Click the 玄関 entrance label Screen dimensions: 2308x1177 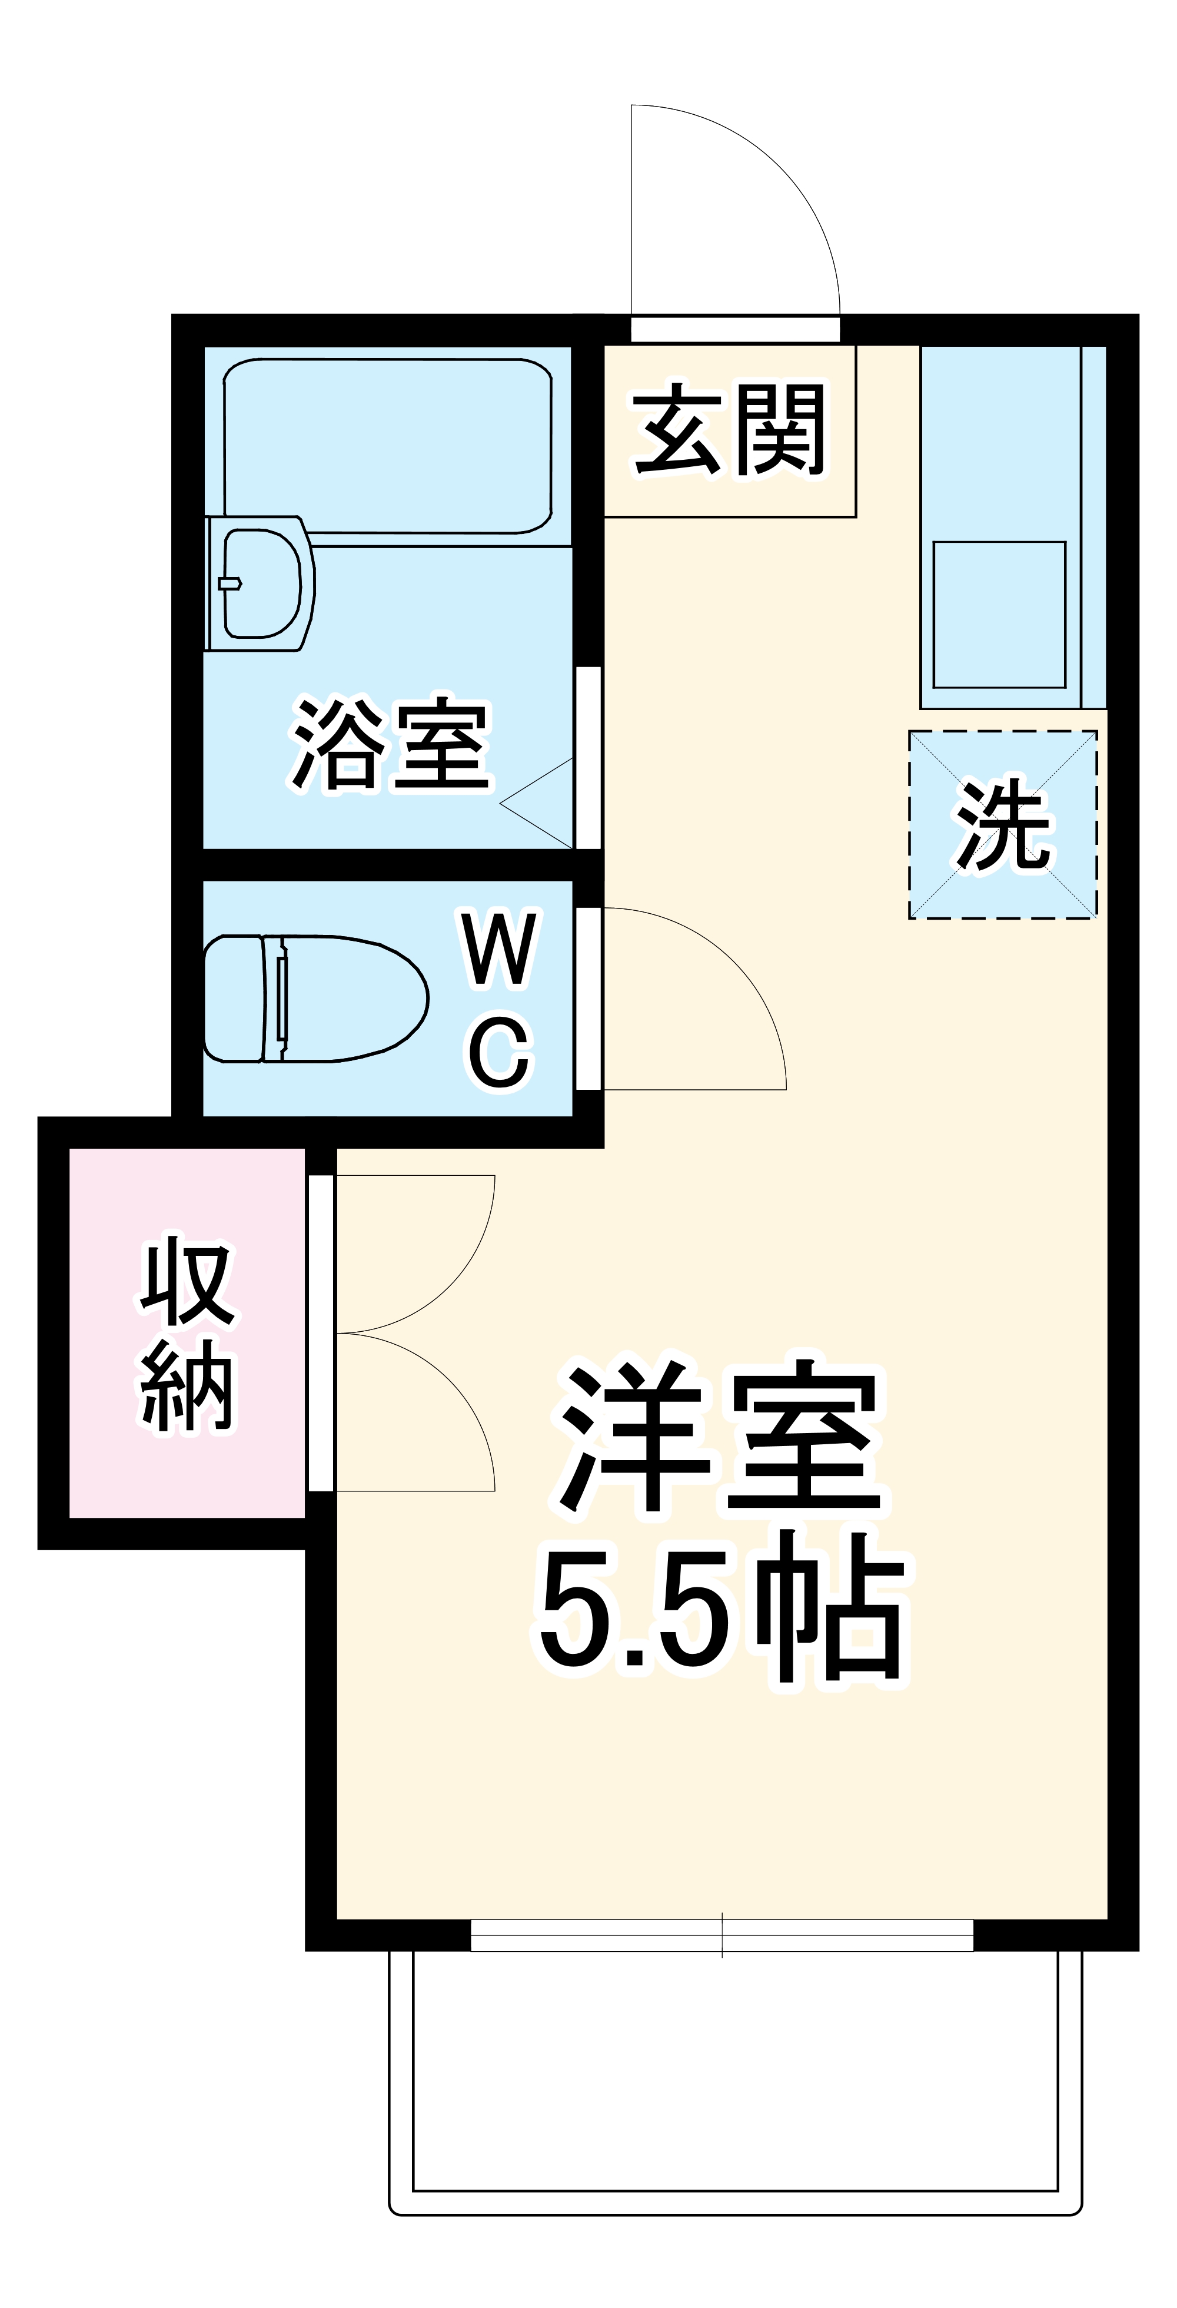[729, 431]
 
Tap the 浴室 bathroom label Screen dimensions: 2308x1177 [391, 744]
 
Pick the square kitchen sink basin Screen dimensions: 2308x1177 [999, 614]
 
